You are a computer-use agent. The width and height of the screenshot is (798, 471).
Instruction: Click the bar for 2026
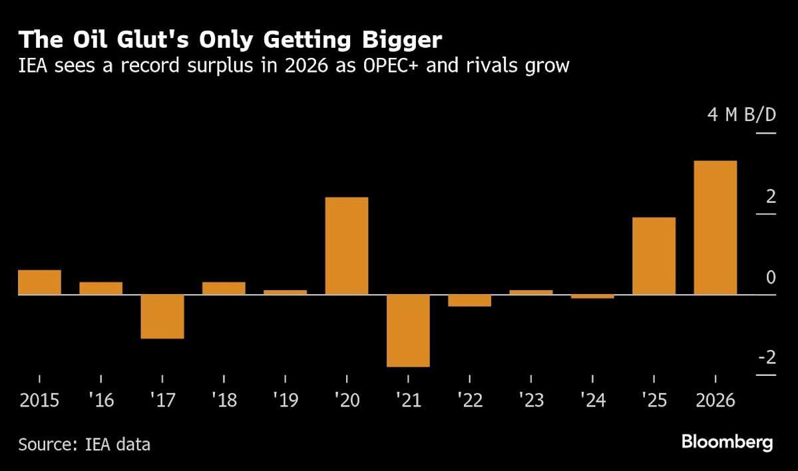click(x=715, y=228)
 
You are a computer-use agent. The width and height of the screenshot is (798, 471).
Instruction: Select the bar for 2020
click(x=346, y=245)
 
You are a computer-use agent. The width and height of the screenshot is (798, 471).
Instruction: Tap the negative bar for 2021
click(x=408, y=330)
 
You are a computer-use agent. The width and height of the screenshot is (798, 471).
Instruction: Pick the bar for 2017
click(x=162, y=316)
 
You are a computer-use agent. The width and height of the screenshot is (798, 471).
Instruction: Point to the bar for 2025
click(x=654, y=255)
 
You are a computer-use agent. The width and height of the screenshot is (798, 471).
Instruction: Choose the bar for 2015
click(x=39, y=282)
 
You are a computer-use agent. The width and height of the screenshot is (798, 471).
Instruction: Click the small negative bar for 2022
click(x=469, y=300)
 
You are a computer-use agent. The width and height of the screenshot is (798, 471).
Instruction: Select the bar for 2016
click(x=100, y=288)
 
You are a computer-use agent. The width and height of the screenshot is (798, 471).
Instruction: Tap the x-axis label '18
click(x=223, y=400)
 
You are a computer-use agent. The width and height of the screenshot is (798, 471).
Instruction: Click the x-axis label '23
click(x=530, y=400)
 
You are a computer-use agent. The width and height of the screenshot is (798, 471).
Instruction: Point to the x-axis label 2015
click(x=39, y=400)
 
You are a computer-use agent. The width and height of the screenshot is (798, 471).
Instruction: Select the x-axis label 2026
click(x=715, y=400)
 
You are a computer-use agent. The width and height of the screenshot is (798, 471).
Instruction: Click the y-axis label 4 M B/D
click(x=741, y=115)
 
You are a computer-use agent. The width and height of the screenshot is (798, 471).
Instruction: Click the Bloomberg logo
click(x=727, y=442)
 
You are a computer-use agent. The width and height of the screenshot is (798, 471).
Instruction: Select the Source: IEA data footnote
click(x=84, y=444)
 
